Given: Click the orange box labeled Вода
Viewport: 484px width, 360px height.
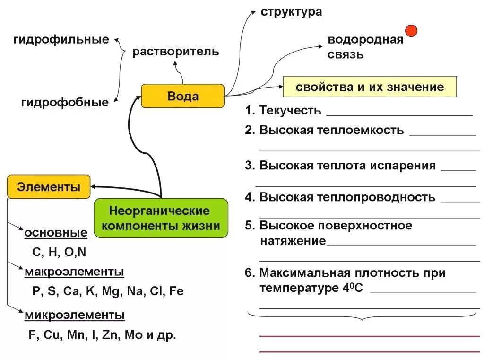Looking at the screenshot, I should click(x=182, y=96).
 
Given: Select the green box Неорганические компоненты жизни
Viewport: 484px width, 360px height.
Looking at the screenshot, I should click(x=161, y=218).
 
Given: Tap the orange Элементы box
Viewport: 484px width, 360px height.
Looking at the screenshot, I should click(x=49, y=187).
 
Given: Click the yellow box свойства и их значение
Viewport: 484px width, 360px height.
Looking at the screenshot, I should click(x=370, y=87).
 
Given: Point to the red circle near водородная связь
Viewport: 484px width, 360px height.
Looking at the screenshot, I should click(x=411, y=31).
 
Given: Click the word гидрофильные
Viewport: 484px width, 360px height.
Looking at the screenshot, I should click(x=61, y=40).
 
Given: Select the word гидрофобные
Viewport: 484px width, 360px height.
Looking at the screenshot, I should click(x=65, y=102).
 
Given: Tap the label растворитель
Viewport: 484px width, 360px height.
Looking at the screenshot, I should click(x=175, y=51).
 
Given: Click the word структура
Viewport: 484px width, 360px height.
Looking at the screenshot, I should click(x=291, y=12).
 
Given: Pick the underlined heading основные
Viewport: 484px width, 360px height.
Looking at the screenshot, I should click(x=56, y=233).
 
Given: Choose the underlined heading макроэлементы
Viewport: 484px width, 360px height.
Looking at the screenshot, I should click(x=74, y=272).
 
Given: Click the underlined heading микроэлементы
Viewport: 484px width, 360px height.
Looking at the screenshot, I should click(x=75, y=315).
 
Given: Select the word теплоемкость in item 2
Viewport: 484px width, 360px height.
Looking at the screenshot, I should click(x=357, y=130).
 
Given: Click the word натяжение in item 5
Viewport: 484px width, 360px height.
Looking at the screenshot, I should click(x=293, y=241).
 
